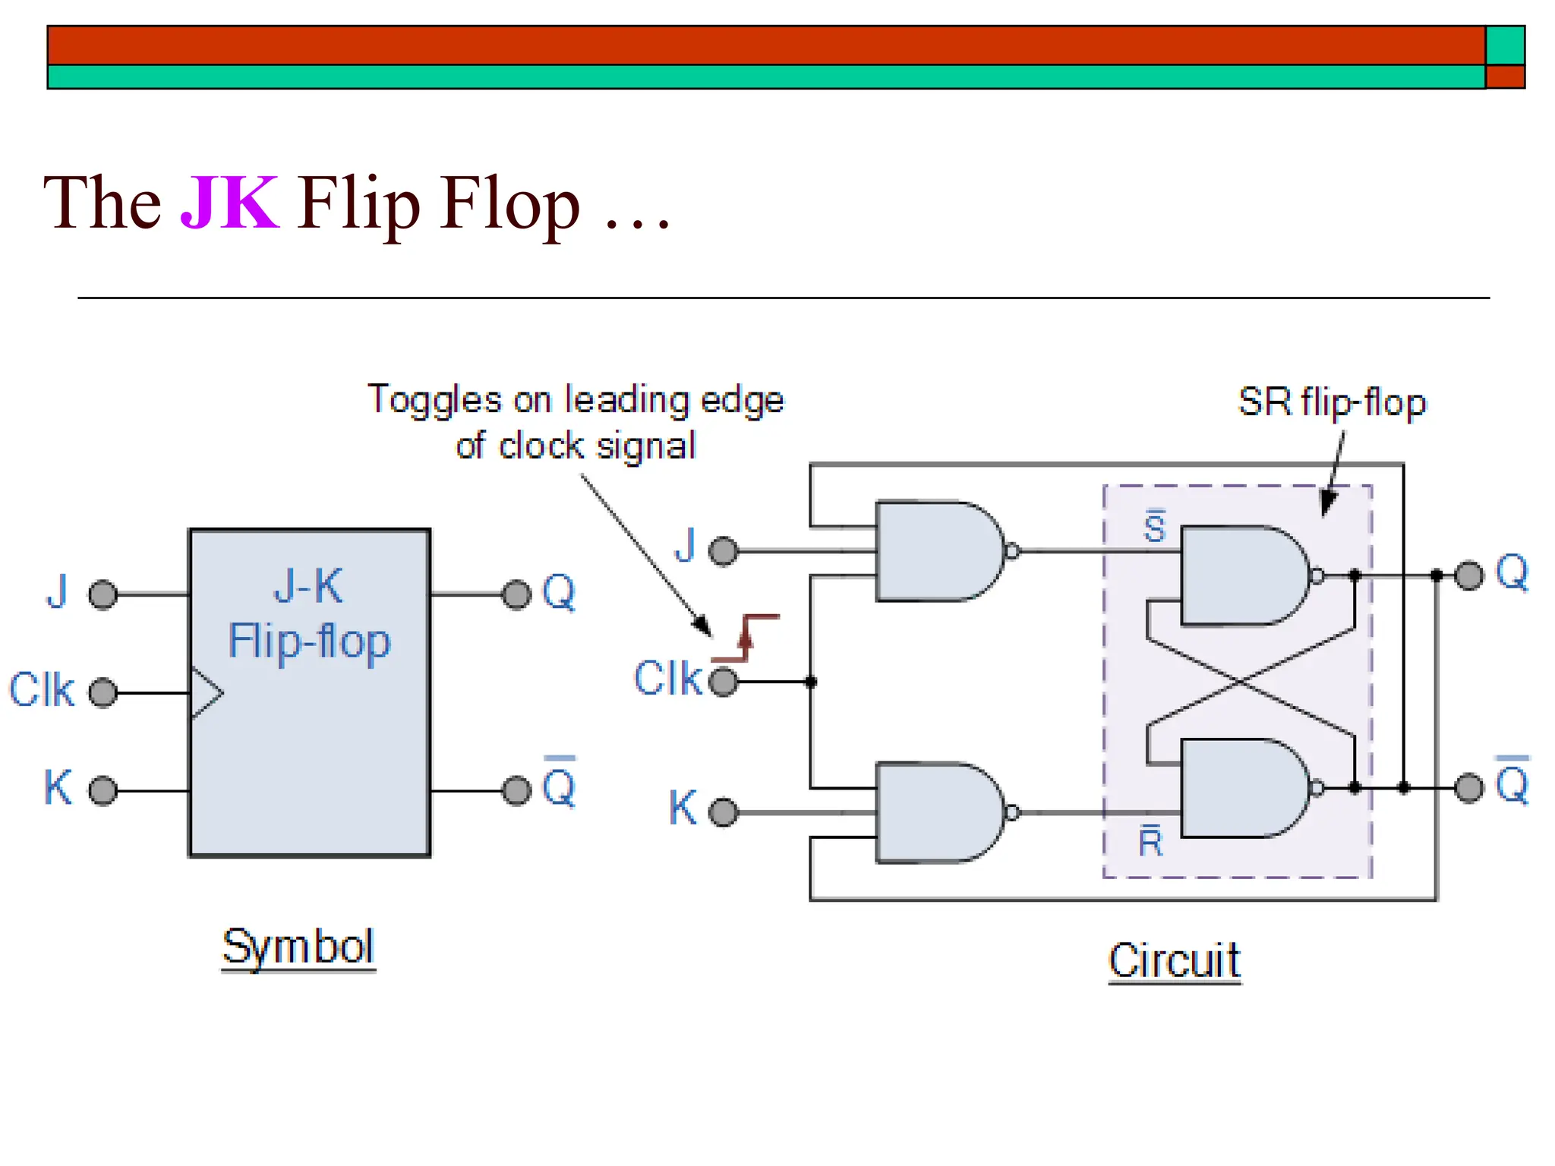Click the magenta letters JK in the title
tap(229, 203)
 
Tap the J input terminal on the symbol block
tap(103, 594)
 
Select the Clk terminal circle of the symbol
tap(103, 692)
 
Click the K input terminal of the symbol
tap(103, 791)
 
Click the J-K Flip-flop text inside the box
tap(309, 615)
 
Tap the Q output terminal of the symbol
tap(517, 594)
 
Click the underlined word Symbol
tap(298, 947)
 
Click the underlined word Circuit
tap(1174, 960)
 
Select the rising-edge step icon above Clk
tap(746, 638)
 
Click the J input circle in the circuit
tap(723, 550)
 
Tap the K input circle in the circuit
tap(723, 812)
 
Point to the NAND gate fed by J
tap(940, 551)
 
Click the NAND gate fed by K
tap(940, 812)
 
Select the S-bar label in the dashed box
tap(1154, 527)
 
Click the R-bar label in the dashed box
tap(1150, 841)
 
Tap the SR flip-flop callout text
tap(1332, 402)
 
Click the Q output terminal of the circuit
tap(1468, 575)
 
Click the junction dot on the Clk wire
tap(811, 682)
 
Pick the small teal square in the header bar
tap(1505, 46)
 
